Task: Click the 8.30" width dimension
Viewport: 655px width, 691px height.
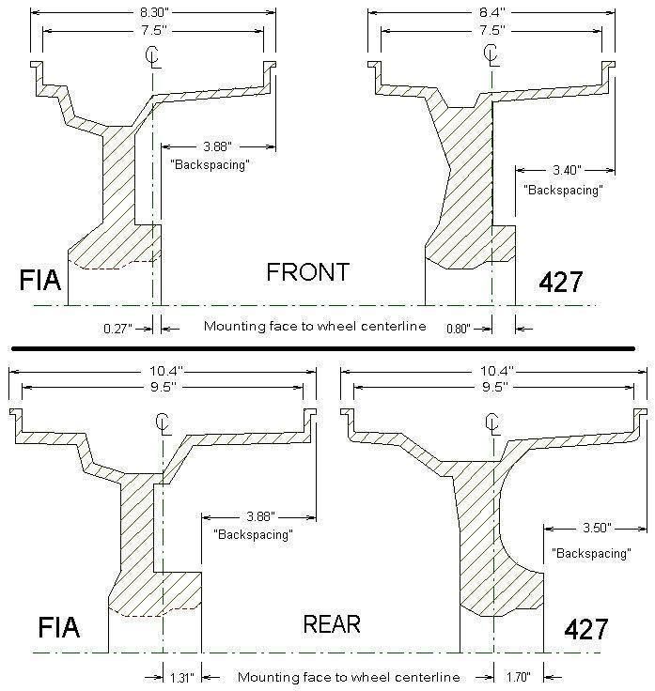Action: click(x=153, y=13)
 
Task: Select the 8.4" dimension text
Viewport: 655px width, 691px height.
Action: click(x=491, y=13)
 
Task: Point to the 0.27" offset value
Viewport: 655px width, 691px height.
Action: click(x=118, y=328)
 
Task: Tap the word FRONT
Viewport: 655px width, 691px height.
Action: click(x=308, y=273)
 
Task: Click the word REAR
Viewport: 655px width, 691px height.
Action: click(x=332, y=623)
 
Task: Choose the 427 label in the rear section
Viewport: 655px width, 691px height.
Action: click(x=586, y=628)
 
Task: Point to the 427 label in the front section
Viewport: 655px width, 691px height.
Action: click(x=562, y=281)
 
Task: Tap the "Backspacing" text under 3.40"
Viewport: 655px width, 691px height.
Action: click(x=562, y=189)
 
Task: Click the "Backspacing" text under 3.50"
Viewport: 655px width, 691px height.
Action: click(x=590, y=554)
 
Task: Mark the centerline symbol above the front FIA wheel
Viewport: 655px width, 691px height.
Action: click(x=151, y=56)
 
